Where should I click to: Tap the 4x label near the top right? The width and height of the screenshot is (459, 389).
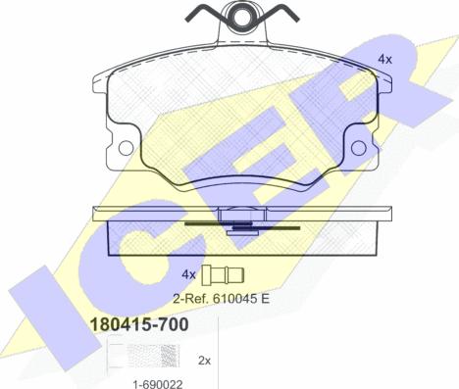384,60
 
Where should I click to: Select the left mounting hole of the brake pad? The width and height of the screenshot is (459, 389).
126,147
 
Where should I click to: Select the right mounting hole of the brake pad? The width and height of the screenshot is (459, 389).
357,147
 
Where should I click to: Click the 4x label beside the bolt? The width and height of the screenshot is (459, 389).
189,273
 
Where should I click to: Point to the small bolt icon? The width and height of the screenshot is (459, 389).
226,274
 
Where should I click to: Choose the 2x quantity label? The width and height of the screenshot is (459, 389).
205,361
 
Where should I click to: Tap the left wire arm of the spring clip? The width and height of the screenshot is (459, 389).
202,17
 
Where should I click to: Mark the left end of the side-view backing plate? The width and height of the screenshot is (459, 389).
93,212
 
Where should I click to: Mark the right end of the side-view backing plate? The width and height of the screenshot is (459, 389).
392,212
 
